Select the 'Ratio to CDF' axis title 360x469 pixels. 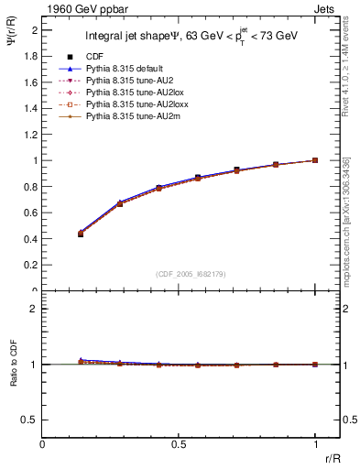click(x=13, y=364)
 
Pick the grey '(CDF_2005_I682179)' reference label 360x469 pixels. click(x=180, y=273)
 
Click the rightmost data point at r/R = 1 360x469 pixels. click(x=315, y=160)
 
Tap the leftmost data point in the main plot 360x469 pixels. click(x=81, y=234)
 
